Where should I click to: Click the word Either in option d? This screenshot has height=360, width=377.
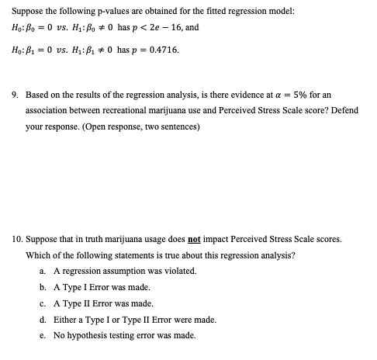click(64, 320)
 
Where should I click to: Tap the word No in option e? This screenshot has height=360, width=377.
click(59, 336)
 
